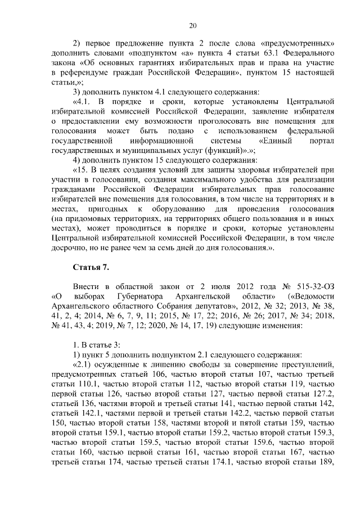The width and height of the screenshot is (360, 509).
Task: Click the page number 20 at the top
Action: click(192, 25)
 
